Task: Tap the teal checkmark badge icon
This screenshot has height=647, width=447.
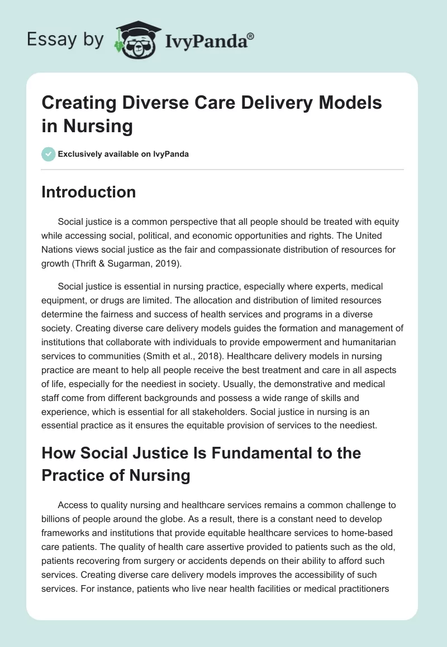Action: [49, 154]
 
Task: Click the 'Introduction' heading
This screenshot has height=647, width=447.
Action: [88, 192]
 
